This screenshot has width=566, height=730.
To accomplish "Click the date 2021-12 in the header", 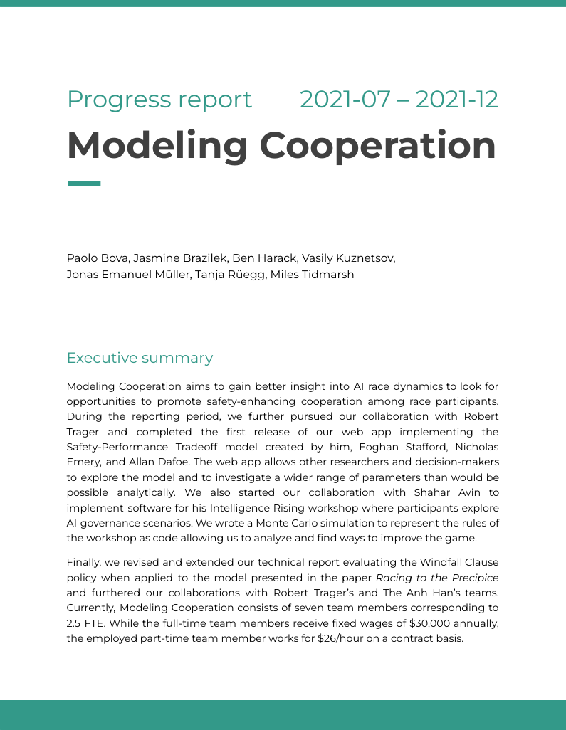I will (456, 100).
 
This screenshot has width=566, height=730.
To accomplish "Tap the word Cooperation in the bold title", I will (377, 145).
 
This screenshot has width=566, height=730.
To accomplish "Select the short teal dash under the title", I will (84, 183).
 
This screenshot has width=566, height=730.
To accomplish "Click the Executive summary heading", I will (140, 358).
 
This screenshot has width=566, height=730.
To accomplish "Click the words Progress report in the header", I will (159, 100).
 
